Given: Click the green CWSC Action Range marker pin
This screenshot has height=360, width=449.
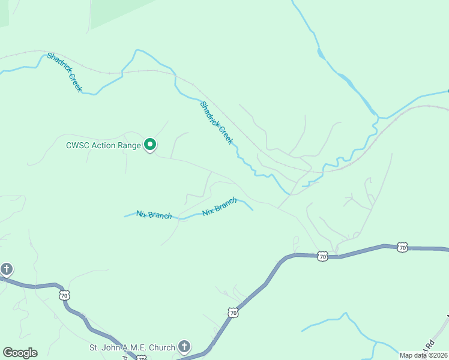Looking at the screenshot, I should coord(150,145).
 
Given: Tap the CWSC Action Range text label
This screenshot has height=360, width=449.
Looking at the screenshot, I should coord(103,145).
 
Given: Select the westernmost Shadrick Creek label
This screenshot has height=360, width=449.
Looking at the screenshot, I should coord(64,73).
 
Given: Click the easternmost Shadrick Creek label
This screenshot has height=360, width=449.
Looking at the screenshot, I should coord(215,122).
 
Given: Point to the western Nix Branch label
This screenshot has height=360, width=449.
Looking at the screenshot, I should coord(154,215).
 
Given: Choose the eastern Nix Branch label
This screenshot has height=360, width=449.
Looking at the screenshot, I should coord(219,208).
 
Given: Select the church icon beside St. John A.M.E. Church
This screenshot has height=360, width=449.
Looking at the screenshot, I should coord(184,346).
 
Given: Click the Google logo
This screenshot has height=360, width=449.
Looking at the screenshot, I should coord(20,353).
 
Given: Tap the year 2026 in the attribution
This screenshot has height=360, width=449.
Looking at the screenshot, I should coord(439,355).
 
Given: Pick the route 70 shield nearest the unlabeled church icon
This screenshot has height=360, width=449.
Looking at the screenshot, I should coord(64,295).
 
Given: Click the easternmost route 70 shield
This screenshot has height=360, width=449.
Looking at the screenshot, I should coord(402,247).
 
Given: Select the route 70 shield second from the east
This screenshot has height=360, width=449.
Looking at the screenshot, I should coord(322,256).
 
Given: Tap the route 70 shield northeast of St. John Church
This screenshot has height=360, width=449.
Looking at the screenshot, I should coord(233,313).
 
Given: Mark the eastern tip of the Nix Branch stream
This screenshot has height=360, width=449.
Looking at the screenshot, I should coord(253,210).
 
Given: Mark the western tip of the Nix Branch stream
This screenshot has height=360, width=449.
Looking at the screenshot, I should coord(124,216).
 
